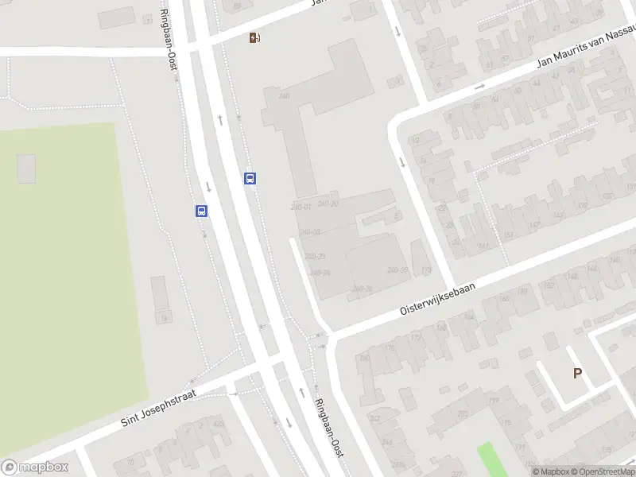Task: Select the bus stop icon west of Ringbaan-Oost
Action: click(202, 211)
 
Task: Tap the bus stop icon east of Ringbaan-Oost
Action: click(250, 179)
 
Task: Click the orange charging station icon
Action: click(254, 37)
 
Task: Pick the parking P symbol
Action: click(578, 373)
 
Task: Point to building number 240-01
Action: click(301, 207)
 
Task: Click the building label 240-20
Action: click(328, 204)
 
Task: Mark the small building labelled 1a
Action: click(163, 318)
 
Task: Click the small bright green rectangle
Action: click(493, 460)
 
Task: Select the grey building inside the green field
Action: click(26, 169)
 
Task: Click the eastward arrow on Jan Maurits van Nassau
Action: click(479, 87)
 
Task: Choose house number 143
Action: click(559, 215)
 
